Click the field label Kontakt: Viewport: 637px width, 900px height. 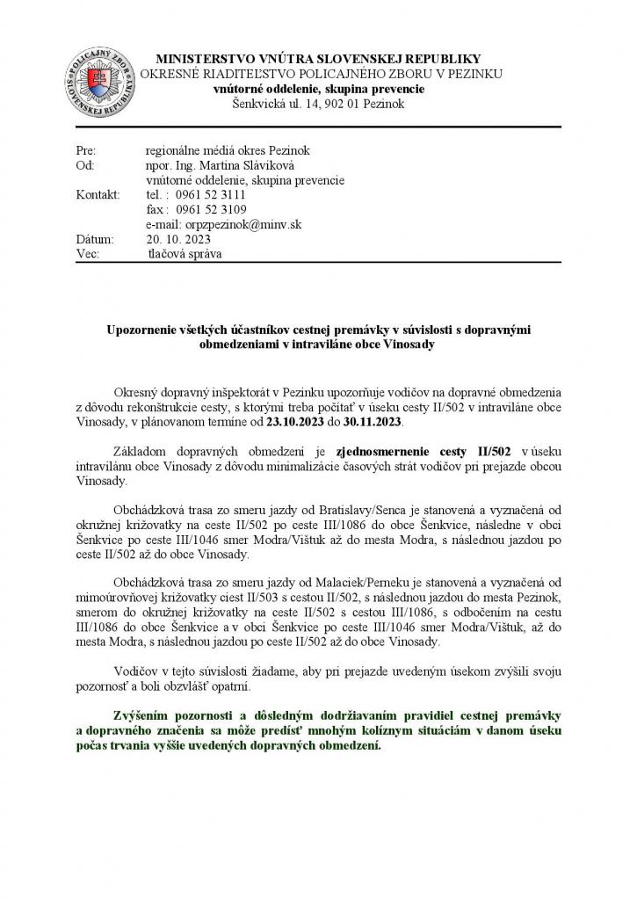click(x=98, y=194)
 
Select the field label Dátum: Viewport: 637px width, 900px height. click(x=95, y=239)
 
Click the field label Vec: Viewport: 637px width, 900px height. click(x=89, y=254)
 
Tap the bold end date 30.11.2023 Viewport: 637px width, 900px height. click(x=374, y=422)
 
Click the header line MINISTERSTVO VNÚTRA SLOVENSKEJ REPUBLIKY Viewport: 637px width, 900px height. click(x=317, y=57)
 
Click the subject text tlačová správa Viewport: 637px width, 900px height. click(x=186, y=254)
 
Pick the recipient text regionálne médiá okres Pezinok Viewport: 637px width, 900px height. click(x=228, y=149)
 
